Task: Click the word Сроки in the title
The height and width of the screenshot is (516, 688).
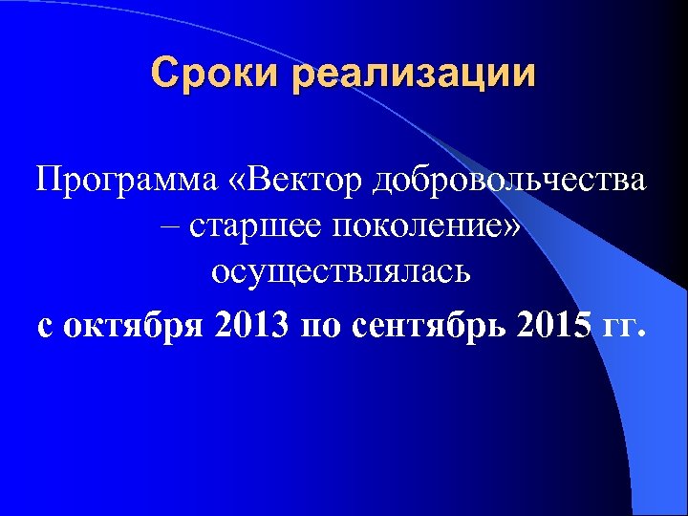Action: (216, 74)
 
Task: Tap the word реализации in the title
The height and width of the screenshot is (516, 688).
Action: (415, 75)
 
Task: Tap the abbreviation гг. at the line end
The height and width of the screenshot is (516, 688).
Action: (627, 324)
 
